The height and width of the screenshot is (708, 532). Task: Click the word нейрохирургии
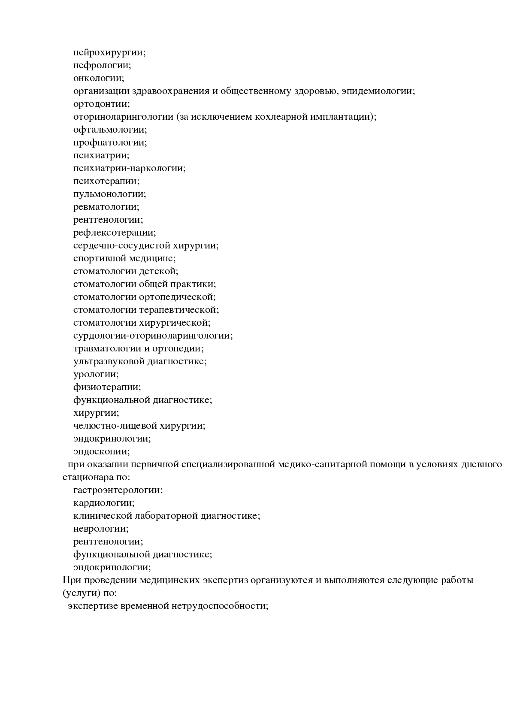click(x=109, y=53)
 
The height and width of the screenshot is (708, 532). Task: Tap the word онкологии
click(x=99, y=79)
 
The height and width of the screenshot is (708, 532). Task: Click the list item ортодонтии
click(x=101, y=104)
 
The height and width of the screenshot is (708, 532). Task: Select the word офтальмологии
click(x=110, y=130)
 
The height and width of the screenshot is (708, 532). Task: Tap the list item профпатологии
click(x=110, y=143)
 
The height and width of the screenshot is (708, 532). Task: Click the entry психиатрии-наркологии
click(x=129, y=169)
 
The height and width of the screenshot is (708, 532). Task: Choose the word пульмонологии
click(x=109, y=194)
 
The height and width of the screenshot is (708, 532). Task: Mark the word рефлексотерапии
click(x=115, y=233)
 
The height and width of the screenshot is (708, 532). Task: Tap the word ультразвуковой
click(x=109, y=362)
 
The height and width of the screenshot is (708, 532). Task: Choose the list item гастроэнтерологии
click(x=118, y=490)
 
